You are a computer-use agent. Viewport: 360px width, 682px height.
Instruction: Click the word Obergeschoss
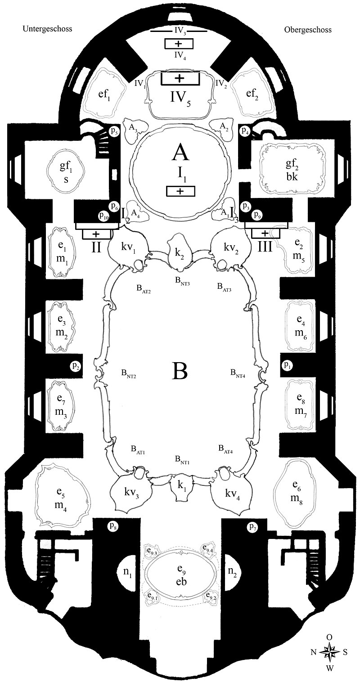308,30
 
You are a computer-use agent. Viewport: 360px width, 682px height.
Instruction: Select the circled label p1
287,366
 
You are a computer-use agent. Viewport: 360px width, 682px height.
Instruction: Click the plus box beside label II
95,234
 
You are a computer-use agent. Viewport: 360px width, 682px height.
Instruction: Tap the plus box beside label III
265,233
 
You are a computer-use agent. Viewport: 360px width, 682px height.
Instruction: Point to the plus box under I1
180,191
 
